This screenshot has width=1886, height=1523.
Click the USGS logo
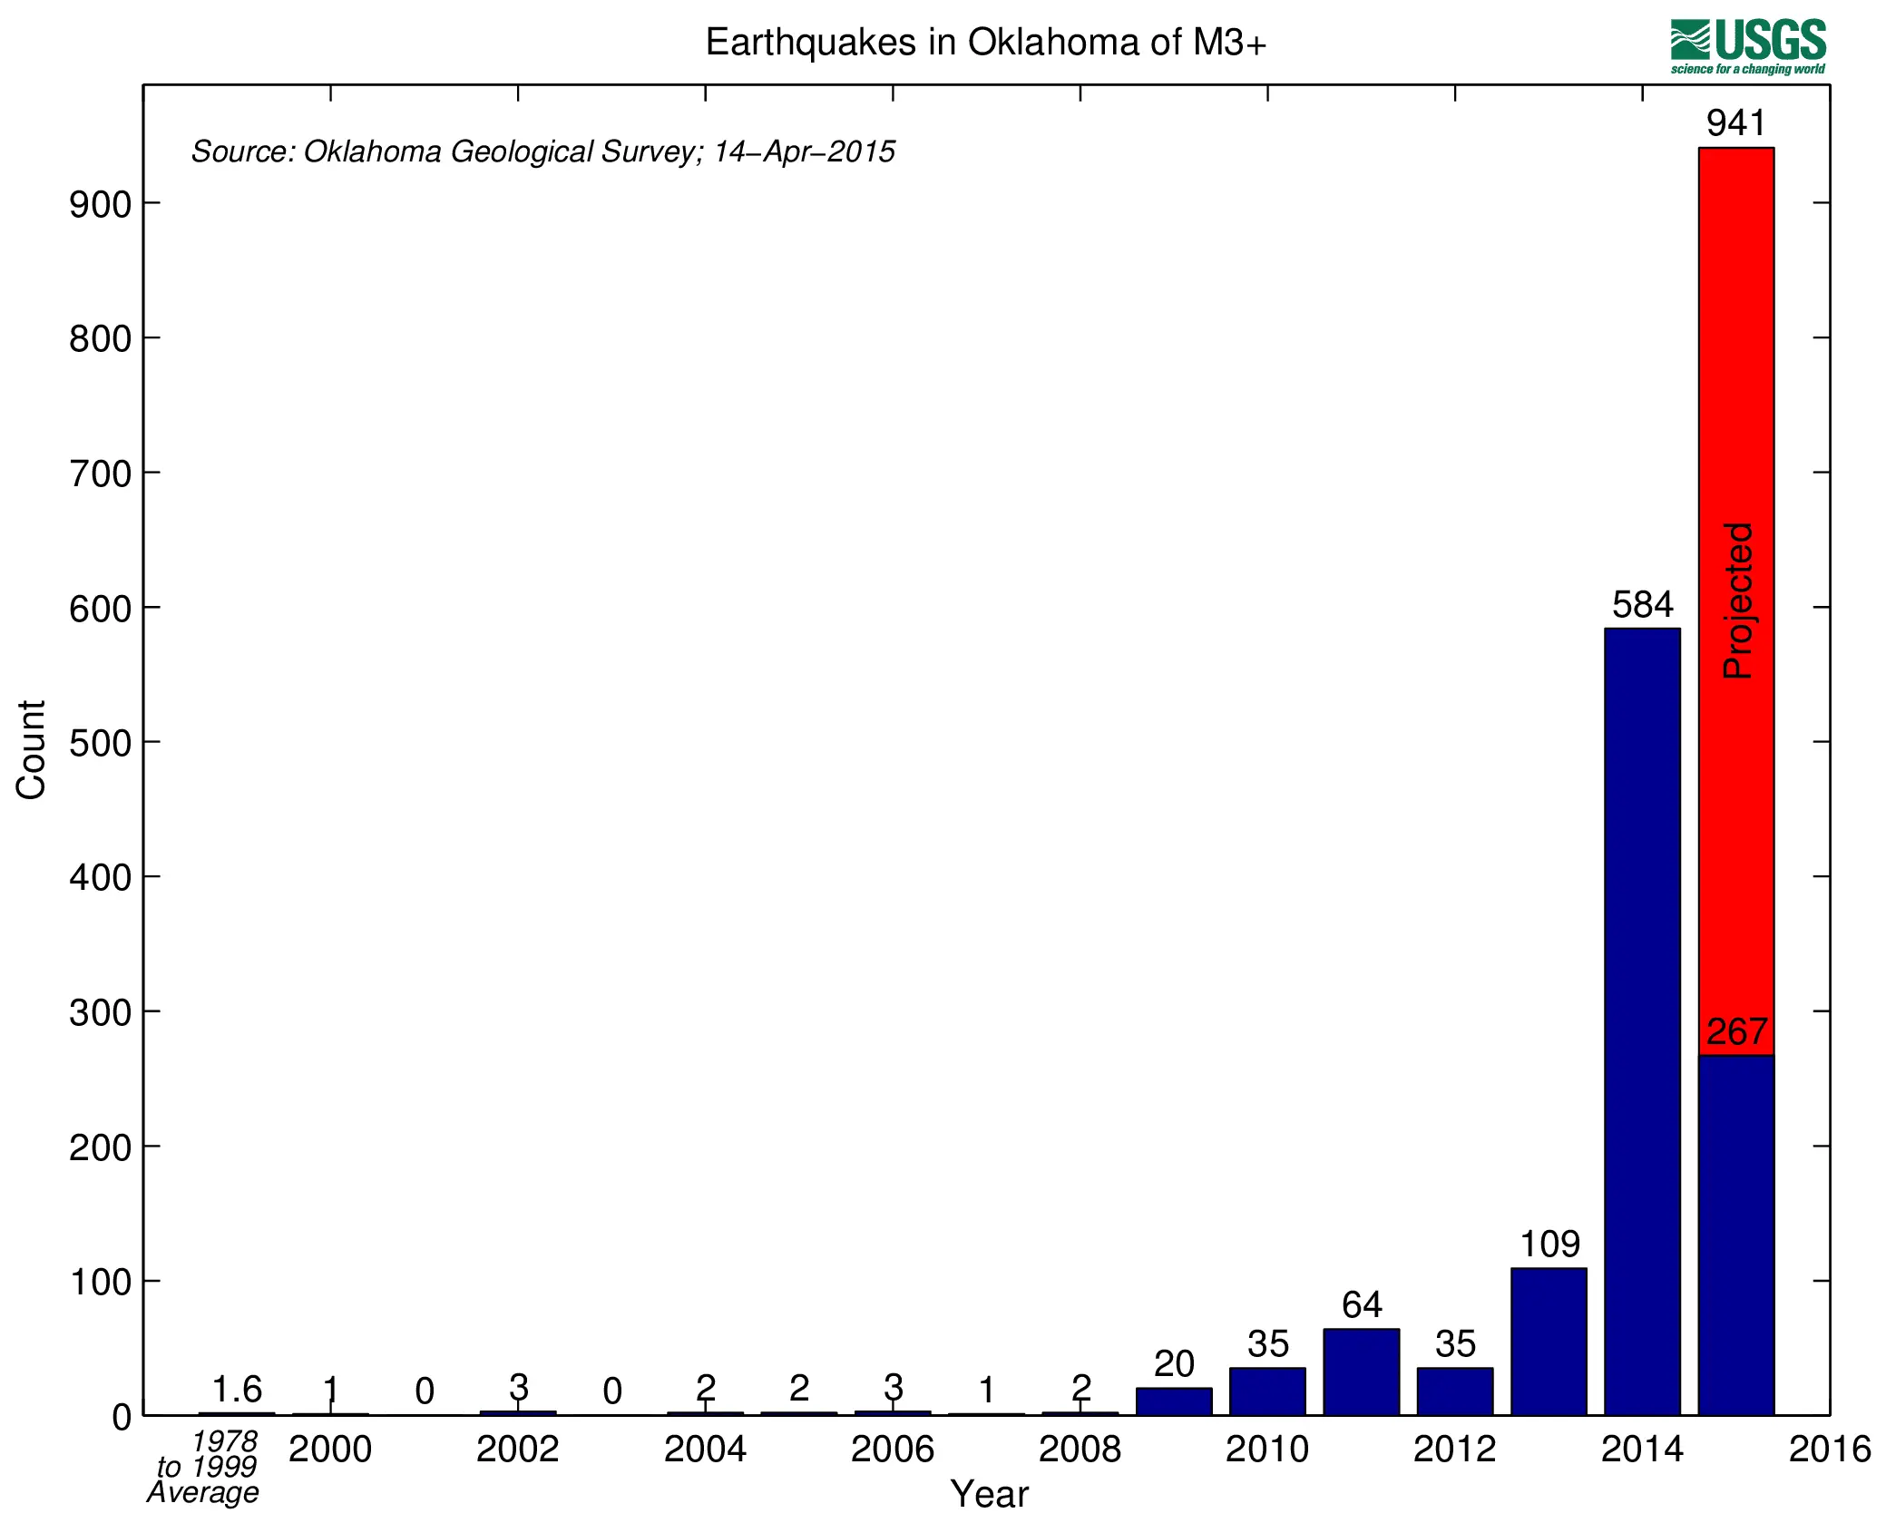[x=1747, y=46]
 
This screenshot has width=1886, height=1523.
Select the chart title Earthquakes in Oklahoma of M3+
[x=985, y=43]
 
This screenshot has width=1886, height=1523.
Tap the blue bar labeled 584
[x=1641, y=1020]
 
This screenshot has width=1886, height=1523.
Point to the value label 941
[x=1735, y=123]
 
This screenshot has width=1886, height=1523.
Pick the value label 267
[x=1736, y=1032]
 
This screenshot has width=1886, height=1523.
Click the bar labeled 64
[x=1361, y=1372]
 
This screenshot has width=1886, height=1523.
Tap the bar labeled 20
[x=1173, y=1401]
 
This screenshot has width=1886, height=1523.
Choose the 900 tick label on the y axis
[x=100, y=205]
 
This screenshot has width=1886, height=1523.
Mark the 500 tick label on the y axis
[x=100, y=744]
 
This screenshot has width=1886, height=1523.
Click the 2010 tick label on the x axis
[x=1266, y=1450]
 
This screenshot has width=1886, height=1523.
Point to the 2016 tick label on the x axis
[x=1829, y=1450]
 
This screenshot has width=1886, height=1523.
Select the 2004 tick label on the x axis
[x=705, y=1450]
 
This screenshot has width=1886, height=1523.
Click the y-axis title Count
[x=31, y=749]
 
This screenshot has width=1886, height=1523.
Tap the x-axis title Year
[x=989, y=1494]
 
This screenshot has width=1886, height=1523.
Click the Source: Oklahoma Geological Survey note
[x=542, y=151]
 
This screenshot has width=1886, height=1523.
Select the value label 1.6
[x=236, y=1390]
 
